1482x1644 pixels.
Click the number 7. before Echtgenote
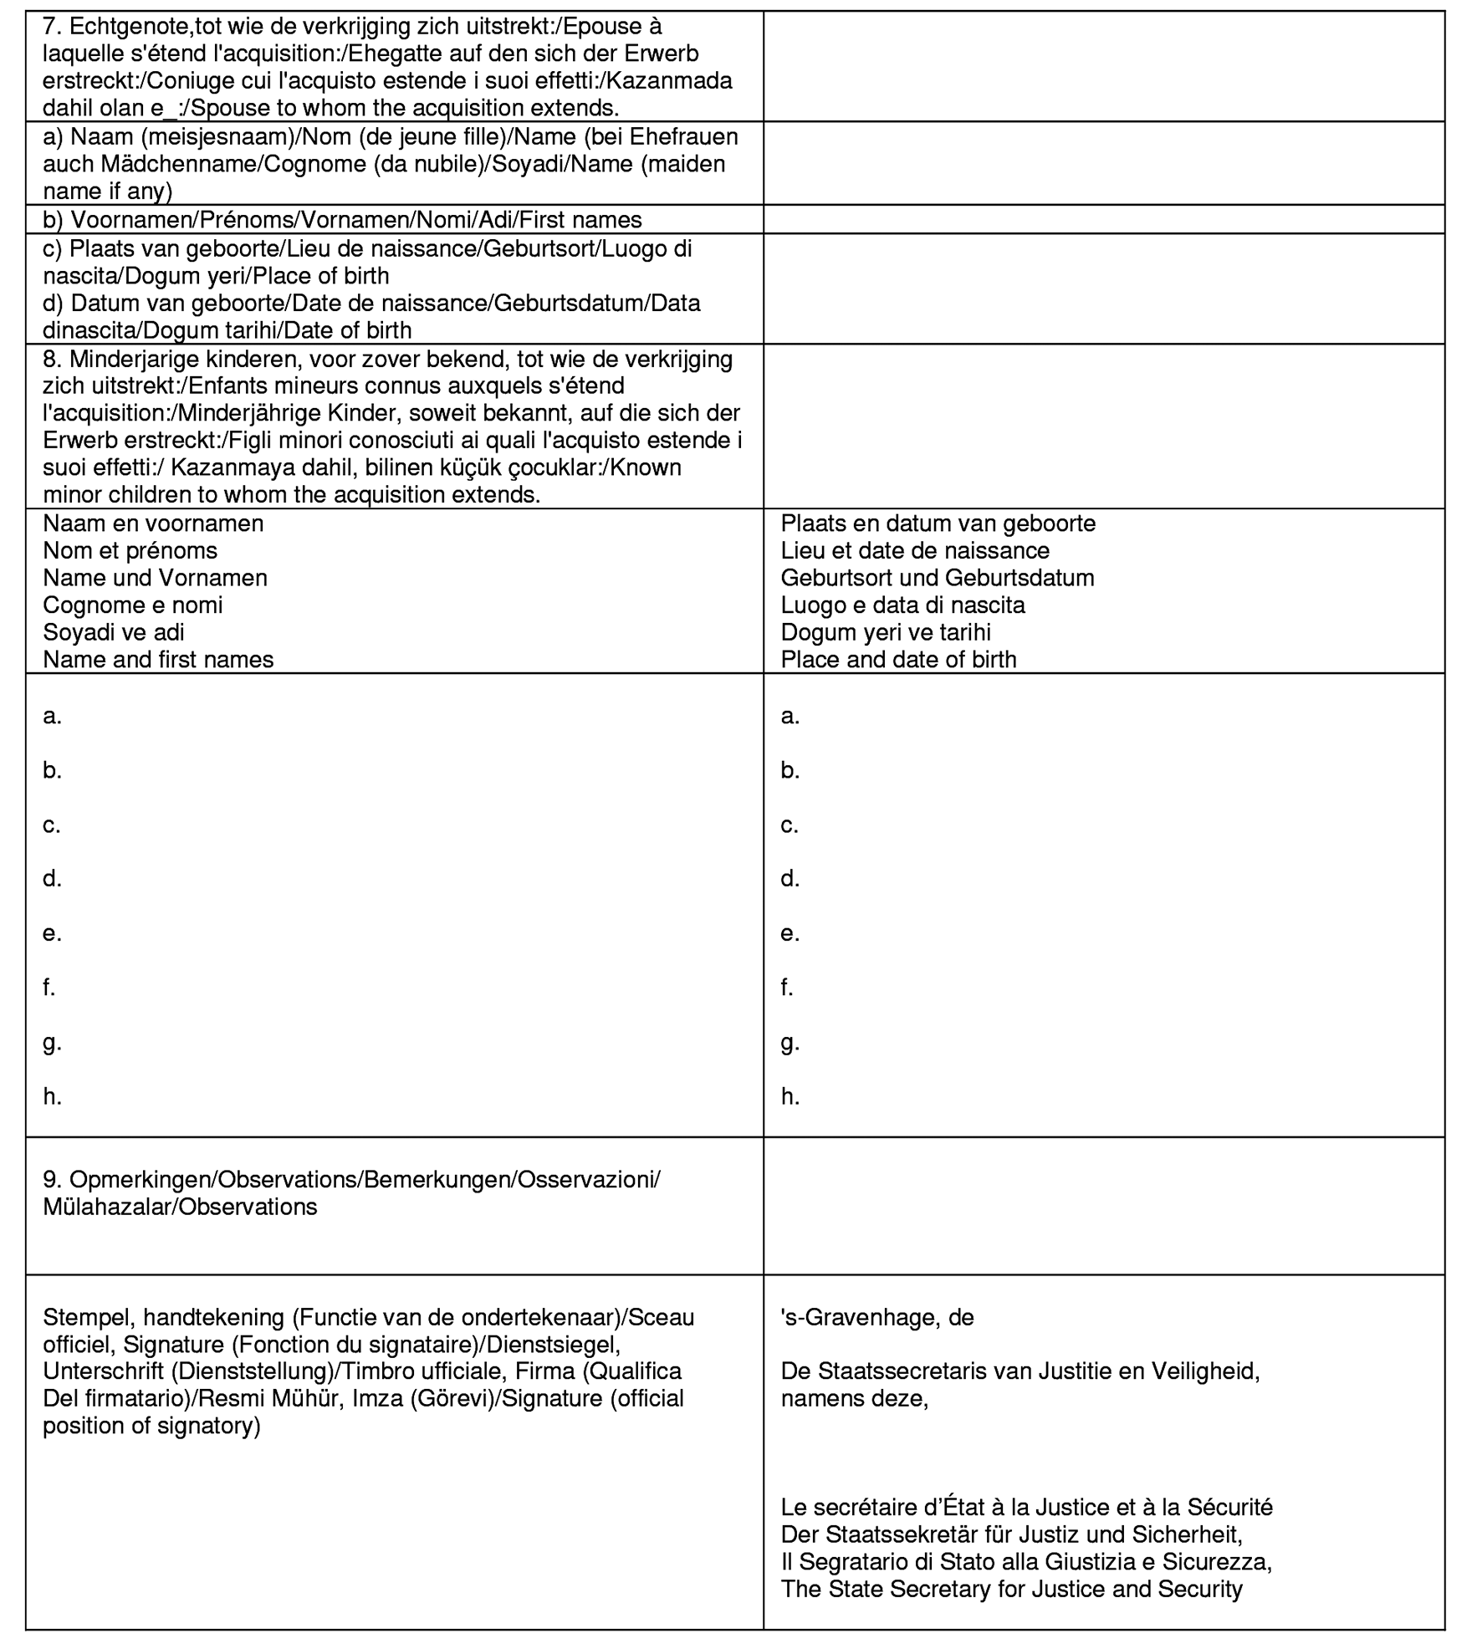tap(52, 27)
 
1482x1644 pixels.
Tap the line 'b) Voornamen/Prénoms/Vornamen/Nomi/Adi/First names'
tap(342, 220)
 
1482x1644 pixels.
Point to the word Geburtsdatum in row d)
tap(567, 303)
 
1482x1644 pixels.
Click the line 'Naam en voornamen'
tap(153, 523)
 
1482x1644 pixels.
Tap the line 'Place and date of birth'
tap(898, 660)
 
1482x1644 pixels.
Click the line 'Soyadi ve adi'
tap(114, 632)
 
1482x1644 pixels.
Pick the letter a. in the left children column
tap(52, 717)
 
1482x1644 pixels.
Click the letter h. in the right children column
tap(790, 1097)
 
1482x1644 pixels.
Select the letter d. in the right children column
tap(790, 879)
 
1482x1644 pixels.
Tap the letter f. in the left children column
tap(49, 988)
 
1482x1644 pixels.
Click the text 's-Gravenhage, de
tap(876, 1318)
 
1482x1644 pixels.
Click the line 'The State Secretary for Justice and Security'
tap(1011, 1590)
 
